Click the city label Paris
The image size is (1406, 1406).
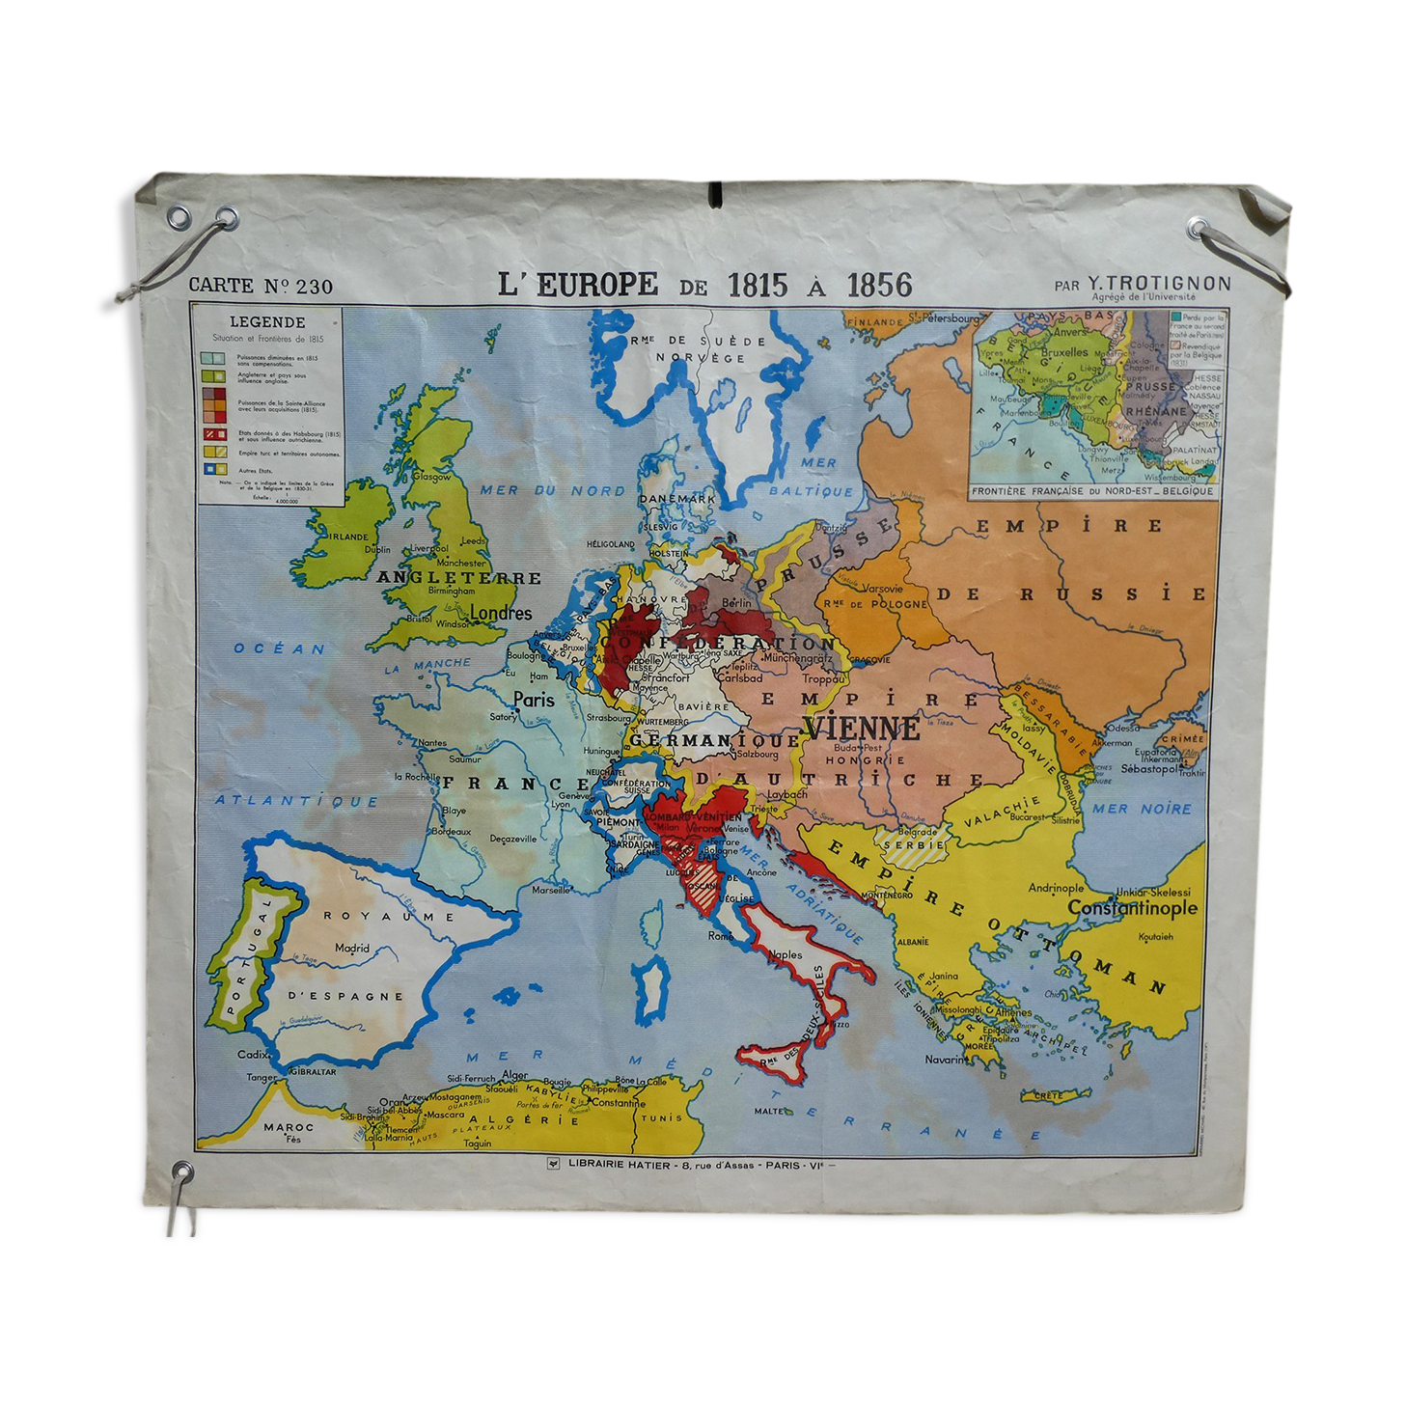pyautogui.click(x=534, y=700)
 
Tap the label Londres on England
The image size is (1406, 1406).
pyautogui.click(x=501, y=613)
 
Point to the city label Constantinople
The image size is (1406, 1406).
pyautogui.click(x=1132, y=908)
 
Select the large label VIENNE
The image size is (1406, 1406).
pyautogui.click(x=862, y=728)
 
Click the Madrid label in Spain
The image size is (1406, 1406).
pyautogui.click(x=352, y=948)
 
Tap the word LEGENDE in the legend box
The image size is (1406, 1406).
pyautogui.click(x=267, y=322)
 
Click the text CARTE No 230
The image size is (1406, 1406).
pyautogui.click(x=261, y=286)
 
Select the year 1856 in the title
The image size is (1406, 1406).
pyautogui.click(x=879, y=285)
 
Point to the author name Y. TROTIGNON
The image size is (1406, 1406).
pyautogui.click(x=1159, y=283)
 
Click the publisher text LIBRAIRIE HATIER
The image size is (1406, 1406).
pyautogui.click(x=619, y=1164)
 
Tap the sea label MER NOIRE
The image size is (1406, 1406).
pyautogui.click(x=1142, y=809)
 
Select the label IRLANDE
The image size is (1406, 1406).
pyautogui.click(x=348, y=537)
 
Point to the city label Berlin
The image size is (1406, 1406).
pyautogui.click(x=736, y=603)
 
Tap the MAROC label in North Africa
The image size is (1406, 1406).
pyautogui.click(x=289, y=1126)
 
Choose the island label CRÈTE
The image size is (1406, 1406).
pyautogui.click(x=1048, y=1095)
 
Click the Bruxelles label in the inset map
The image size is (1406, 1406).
pyautogui.click(x=1064, y=352)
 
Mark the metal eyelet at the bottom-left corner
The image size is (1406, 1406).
pyautogui.click(x=181, y=1172)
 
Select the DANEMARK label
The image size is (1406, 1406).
pyautogui.click(x=676, y=499)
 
